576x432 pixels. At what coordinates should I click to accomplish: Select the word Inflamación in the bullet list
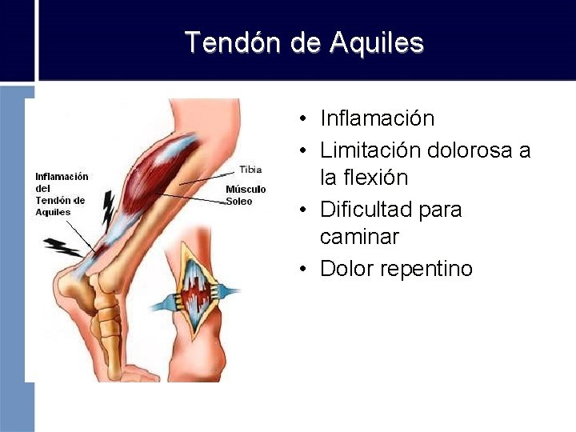(377, 118)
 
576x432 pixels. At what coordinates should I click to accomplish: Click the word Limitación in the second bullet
(371, 150)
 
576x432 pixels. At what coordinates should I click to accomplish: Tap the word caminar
(359, 237)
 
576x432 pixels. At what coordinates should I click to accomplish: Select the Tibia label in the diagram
(250, 170)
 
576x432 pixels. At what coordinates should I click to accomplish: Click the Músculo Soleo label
(245, 195)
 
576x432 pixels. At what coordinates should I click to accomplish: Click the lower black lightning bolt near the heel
(62, 246)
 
